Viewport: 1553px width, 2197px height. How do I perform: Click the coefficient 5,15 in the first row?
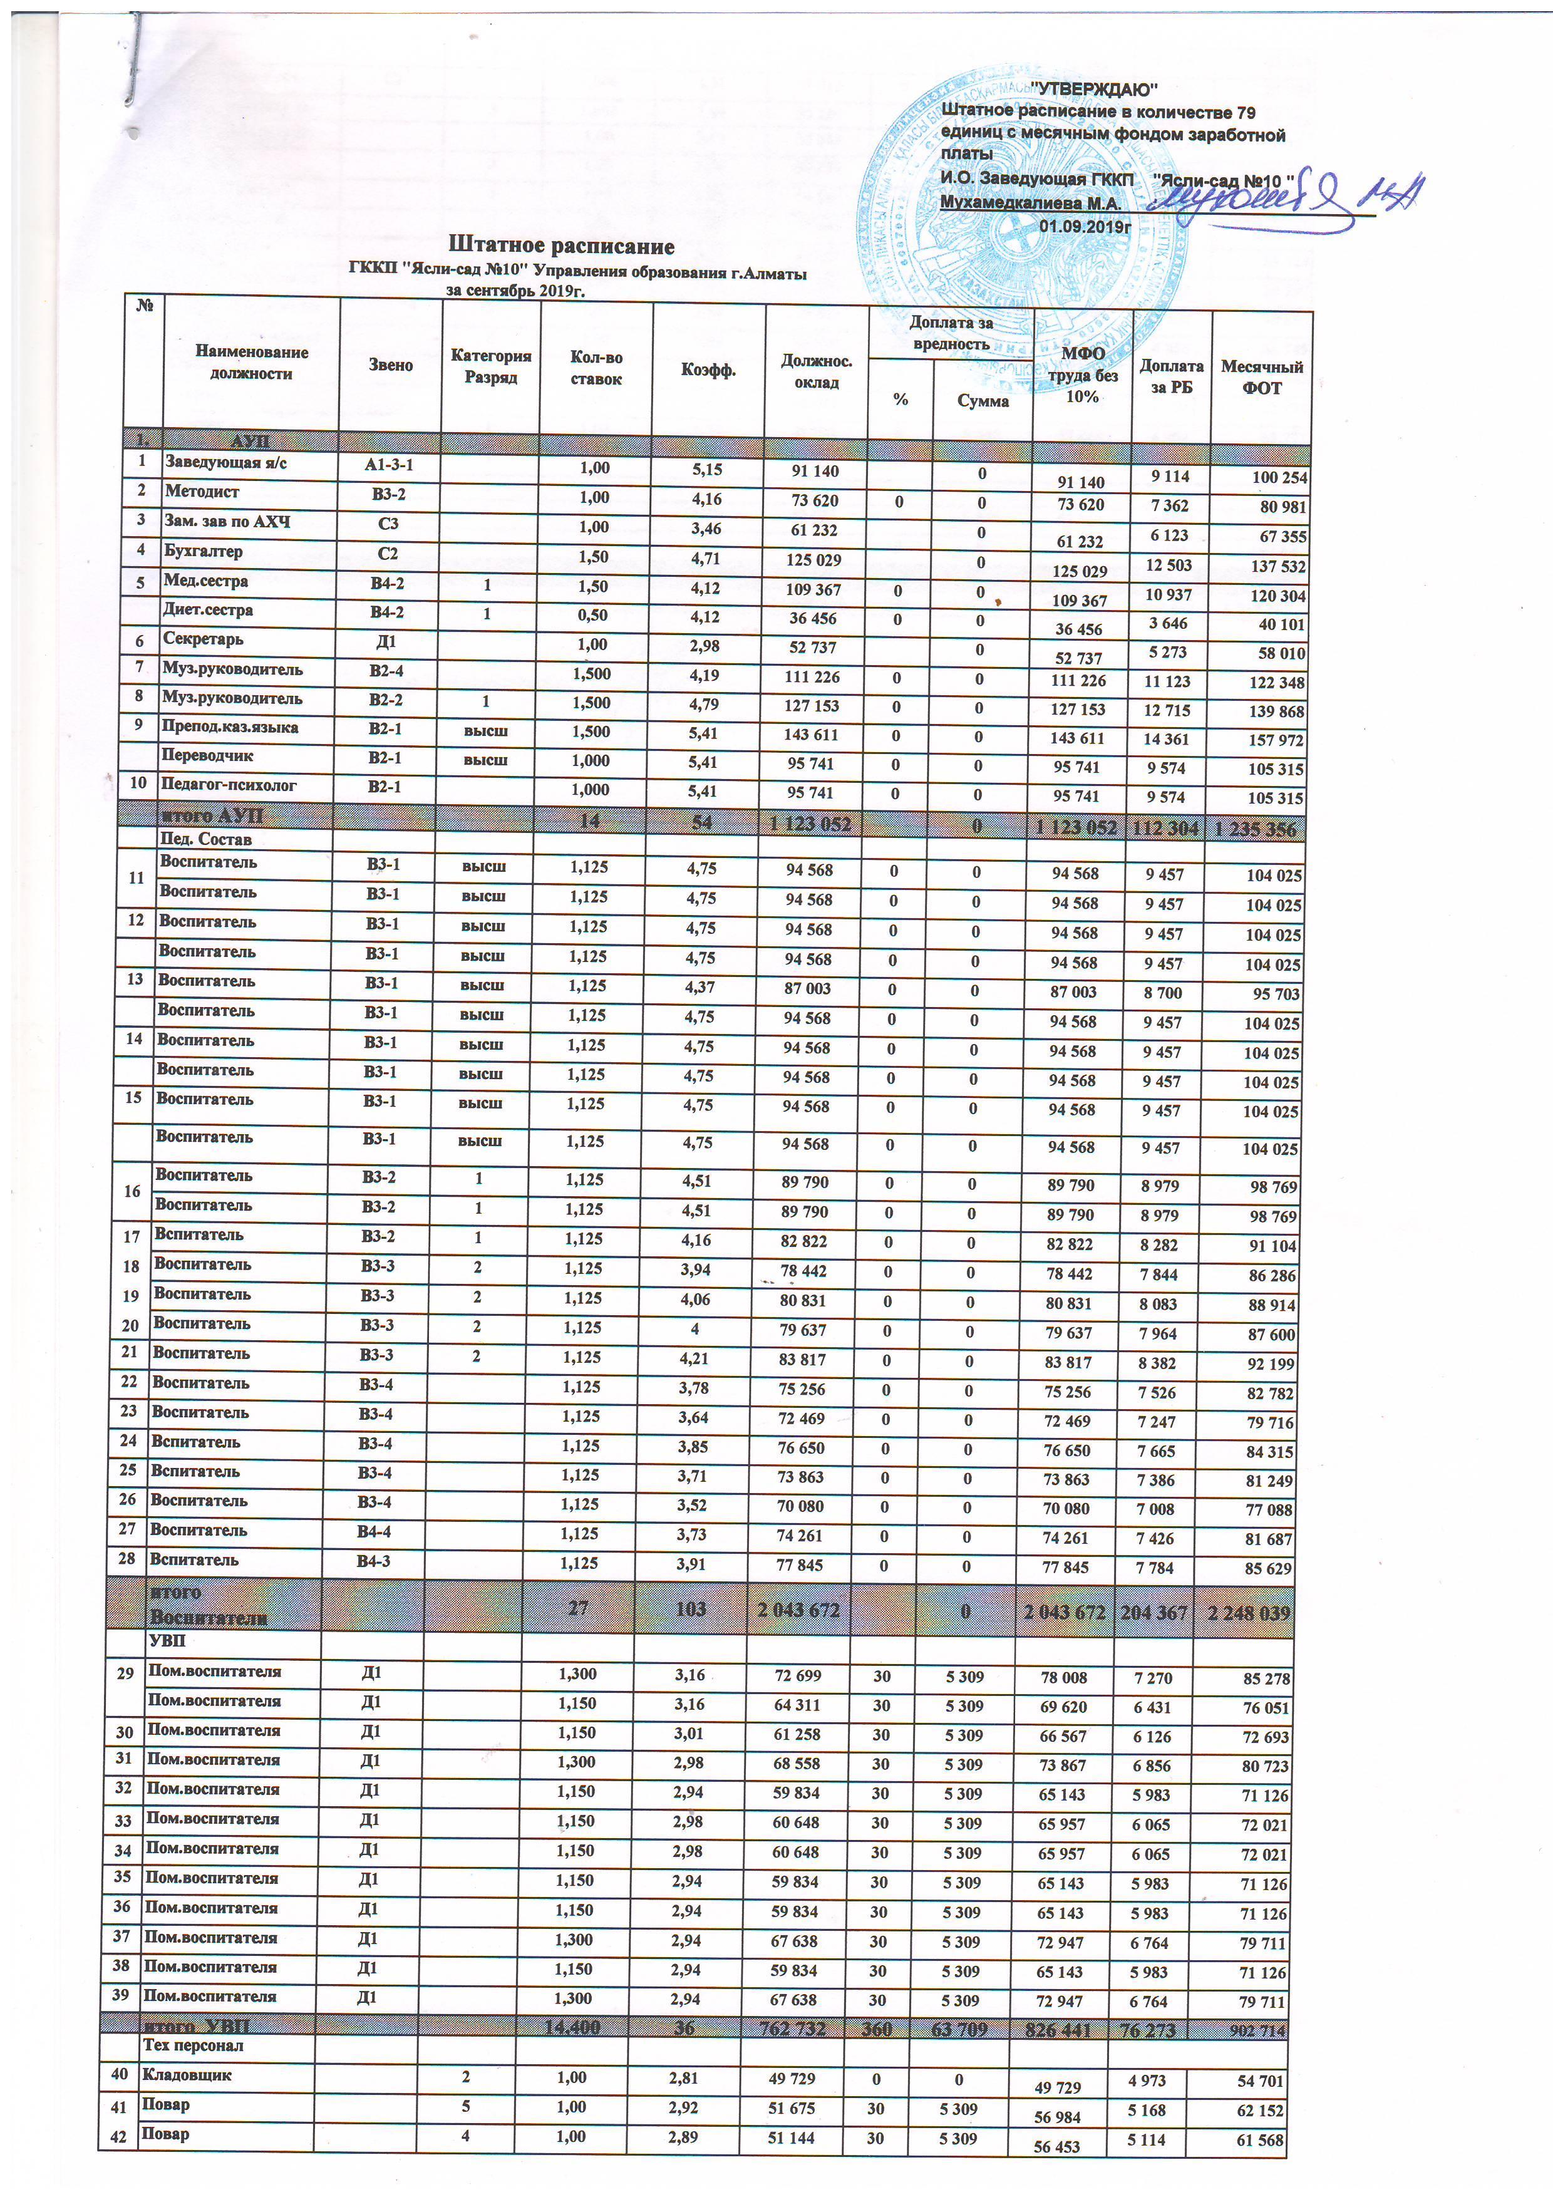706,470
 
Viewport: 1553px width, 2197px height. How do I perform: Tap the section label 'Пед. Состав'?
206,839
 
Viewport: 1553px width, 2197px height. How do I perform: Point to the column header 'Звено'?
390,364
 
